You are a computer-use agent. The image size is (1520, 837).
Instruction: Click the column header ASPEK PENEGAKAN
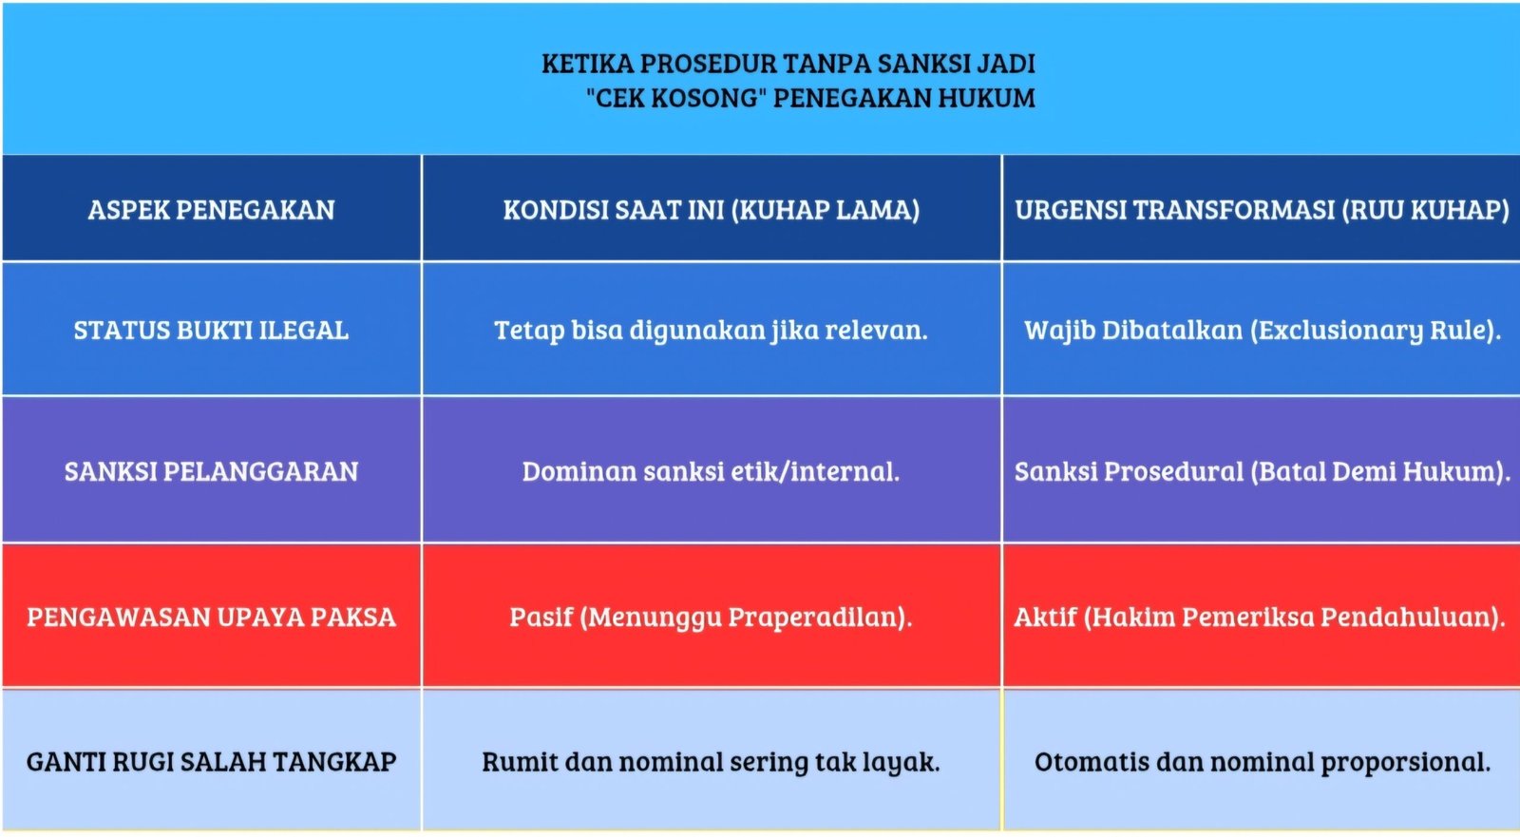[x=211, y=210]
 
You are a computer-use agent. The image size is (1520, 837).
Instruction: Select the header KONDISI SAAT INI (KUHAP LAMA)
[x=711, y=210]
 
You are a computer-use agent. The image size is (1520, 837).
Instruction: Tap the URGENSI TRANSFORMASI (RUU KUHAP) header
[x=1262, y=210]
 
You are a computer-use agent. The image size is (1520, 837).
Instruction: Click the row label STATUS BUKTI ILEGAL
[x=211, y=331]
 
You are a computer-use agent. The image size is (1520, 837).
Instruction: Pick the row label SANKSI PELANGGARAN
[x=211, y=471]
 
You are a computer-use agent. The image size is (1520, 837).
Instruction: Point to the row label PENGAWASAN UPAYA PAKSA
[x=211, y=618]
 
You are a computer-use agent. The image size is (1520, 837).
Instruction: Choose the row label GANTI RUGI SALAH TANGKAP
[x=211, y=762]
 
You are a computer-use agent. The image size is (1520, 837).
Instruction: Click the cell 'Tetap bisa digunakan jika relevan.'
[x=711, y=331]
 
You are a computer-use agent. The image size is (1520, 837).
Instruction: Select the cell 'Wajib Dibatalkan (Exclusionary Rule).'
[x=1262, y=331]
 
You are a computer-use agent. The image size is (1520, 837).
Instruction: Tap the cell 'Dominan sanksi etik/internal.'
[x=711, y=471]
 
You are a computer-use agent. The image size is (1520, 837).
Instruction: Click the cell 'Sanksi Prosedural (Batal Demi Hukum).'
[x=1262, y=471]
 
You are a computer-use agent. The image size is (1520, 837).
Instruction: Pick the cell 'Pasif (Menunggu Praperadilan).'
[x=711, y=618]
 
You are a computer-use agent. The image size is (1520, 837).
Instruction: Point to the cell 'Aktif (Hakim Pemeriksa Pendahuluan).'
[x=1260, y=618]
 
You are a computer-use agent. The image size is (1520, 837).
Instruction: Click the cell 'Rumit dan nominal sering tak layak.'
[x=711, y=762]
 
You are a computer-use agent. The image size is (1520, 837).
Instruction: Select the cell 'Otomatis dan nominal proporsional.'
[x=1262, y=762]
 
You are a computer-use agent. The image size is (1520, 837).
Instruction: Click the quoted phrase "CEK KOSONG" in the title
[x=676, y=98]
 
